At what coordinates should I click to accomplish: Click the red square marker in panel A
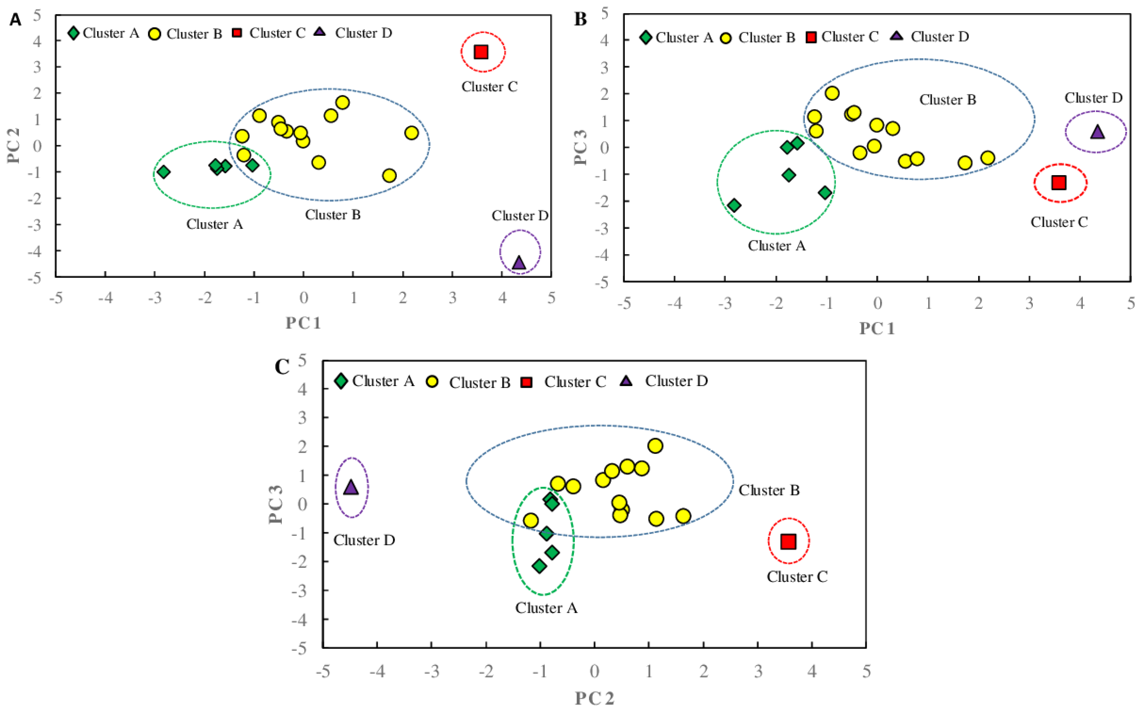[481, 52]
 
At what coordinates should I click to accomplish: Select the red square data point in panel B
[1059, 183]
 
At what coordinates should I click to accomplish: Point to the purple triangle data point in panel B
[1097, 132]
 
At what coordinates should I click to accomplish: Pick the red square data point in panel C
[788, 542]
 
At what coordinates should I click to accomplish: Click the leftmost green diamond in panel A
[163, 172]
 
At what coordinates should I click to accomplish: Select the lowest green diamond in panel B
[734, 205]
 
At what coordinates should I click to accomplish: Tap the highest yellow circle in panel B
[832, 93]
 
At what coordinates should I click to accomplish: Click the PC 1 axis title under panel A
[303, 323]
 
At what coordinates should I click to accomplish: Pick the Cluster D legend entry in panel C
[664, 381]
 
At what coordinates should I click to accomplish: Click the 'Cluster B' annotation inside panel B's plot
[947, 100]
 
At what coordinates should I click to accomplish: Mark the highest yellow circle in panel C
[655, 446]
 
